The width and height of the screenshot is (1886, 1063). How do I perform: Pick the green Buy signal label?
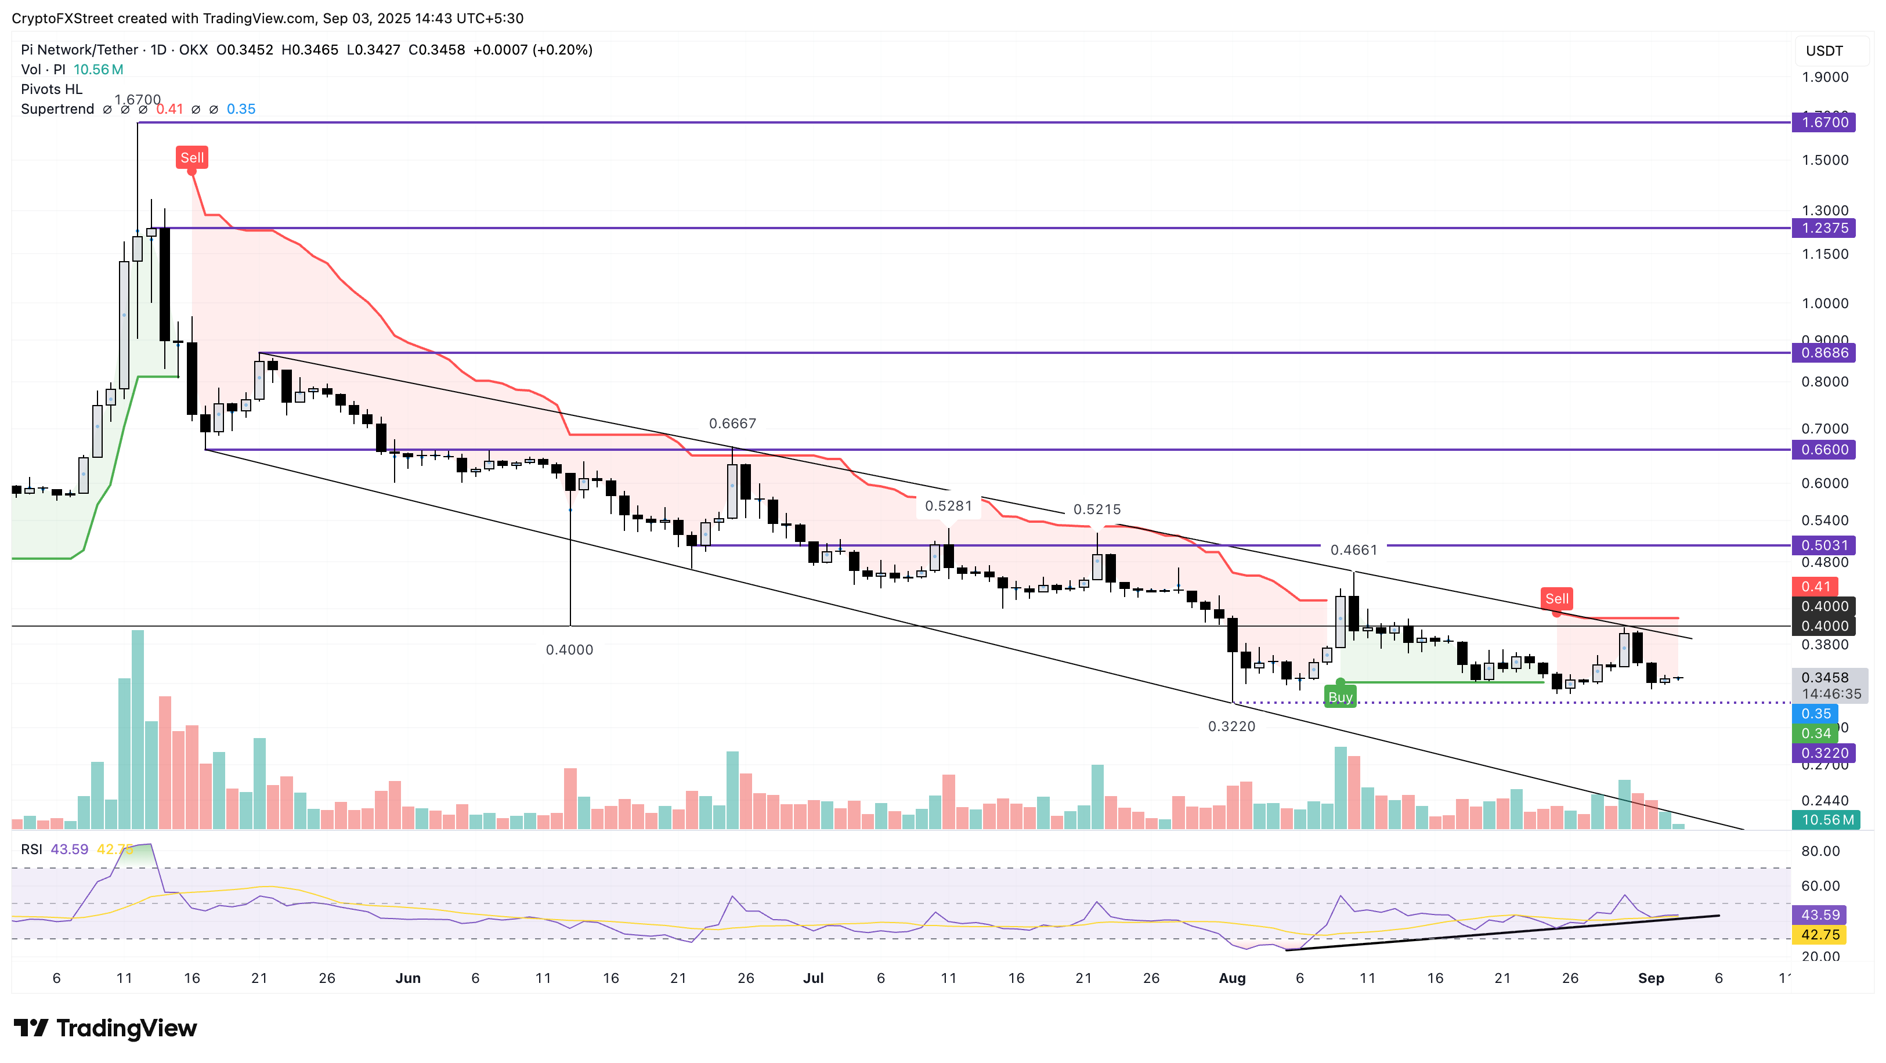[x=1340, y=697]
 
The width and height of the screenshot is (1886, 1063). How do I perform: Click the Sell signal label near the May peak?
[x=192, y=157]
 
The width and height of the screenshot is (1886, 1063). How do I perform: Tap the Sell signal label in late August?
[x=1556, y=599]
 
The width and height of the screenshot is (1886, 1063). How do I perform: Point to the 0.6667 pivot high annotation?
[x=732, y=423]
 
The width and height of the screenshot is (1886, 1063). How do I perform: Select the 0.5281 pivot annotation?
[x=948, y=506]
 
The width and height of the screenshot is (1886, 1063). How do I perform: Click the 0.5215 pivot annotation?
[x=1097, y=509]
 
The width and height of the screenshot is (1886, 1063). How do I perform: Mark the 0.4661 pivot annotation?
[x=1354, y=550]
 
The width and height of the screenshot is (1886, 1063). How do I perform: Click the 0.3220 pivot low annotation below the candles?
[x=1231, y=726]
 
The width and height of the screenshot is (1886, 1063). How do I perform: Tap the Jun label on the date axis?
[x=408, y=978]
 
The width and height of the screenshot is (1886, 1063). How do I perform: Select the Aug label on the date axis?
[x=1232, y=978]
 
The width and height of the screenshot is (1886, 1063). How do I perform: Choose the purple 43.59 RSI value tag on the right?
[x=1820, y=915]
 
